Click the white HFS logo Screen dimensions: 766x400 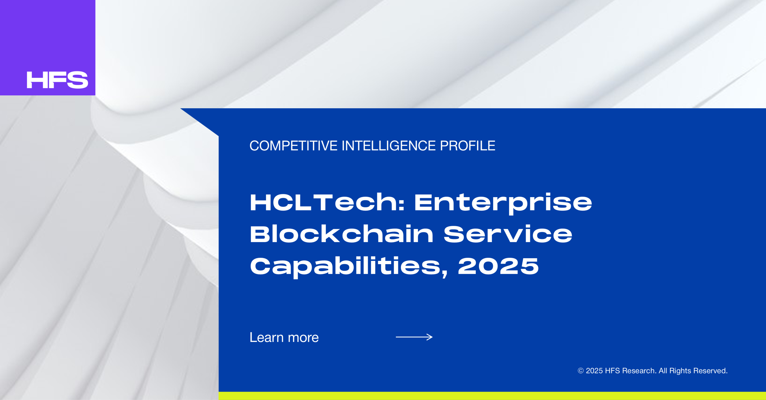point(57,80)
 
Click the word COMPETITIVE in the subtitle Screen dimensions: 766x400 point(294,146)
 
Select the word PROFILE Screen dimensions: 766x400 point(468,146)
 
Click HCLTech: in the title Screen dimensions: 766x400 point(327,202)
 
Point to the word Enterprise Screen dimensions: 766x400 point(503,204)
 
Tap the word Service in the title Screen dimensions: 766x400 point(508,234)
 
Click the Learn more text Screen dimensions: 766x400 point(284,337)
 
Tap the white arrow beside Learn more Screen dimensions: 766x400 point(414,337)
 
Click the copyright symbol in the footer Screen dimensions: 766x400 point(580,371)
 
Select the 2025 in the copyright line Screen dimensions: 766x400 point(594,371)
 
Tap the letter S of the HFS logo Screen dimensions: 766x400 point(77,80)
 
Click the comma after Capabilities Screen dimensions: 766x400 point(445,273)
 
